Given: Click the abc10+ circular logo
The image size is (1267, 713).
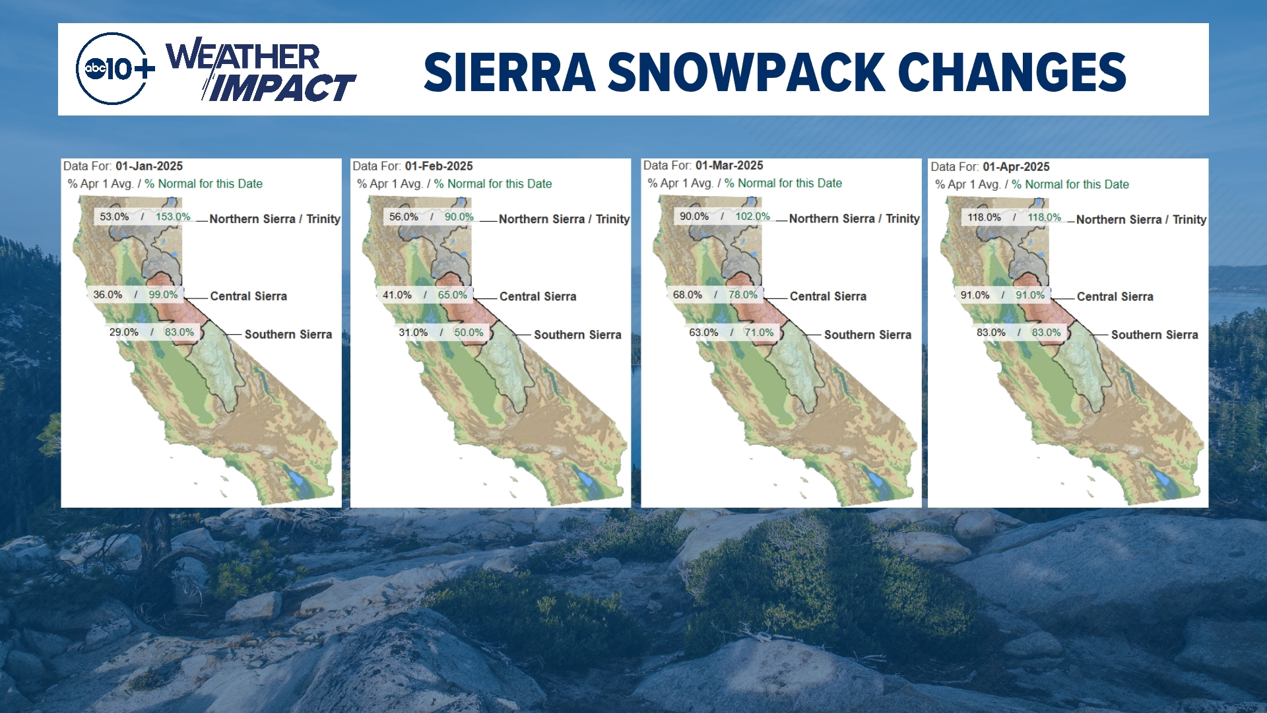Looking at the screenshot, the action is tap(112, 69).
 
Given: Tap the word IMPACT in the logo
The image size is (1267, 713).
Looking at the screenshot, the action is tap(280, 88).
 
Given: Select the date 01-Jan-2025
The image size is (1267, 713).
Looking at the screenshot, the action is tap(149, 166).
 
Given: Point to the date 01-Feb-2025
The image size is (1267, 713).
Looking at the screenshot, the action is tap(439, 166).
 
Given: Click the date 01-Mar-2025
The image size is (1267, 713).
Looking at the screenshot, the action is tap(729, 166).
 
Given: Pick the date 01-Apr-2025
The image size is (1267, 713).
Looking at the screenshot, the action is tap(1016, 167).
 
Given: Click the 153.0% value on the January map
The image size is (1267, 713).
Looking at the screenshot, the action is tap(173, 217).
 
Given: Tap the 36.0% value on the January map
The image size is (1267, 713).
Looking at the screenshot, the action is tap(108, 294).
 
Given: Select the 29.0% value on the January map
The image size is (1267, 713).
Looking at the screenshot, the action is tap(124, 332).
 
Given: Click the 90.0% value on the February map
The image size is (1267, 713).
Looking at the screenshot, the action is tap(459, 217).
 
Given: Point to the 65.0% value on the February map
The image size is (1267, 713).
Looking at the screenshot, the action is tap(453, 295).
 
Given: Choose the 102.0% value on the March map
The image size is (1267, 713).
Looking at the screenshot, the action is tap(753, 217).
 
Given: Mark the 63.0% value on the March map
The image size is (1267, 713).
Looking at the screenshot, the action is tap(703, 333).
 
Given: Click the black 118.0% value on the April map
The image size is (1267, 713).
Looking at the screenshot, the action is tap(984, 217).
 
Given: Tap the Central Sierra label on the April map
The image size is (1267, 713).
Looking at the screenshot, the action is tap(1115, 297).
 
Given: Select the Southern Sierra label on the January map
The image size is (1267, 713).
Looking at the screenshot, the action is tap(288, 335).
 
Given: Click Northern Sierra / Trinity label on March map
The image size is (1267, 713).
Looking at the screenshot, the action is tap(855, 219).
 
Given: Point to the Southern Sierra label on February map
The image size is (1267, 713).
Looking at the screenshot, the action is tap(577, 335).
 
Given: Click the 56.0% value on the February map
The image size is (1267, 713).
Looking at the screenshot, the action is tap(404, 217).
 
